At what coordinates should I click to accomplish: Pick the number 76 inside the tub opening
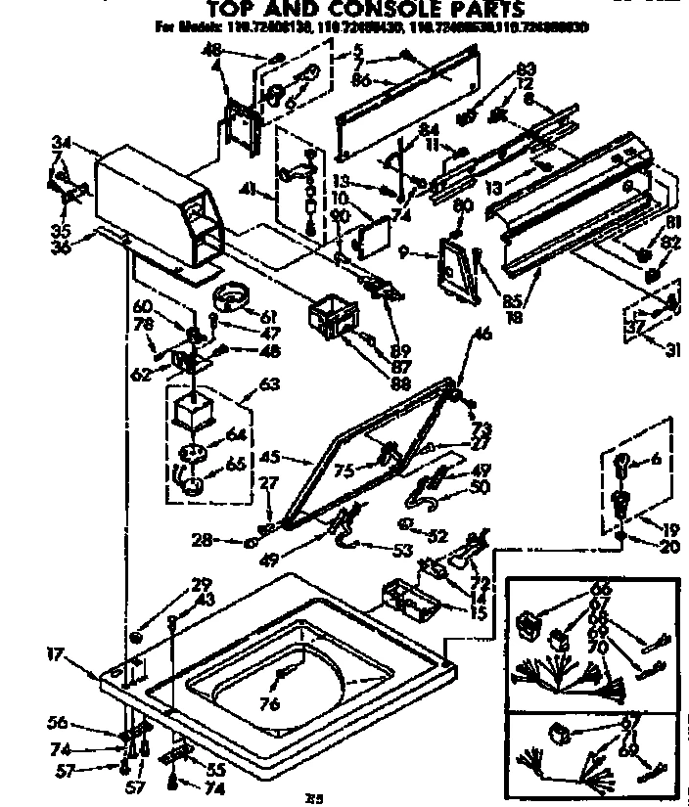[x=269, y=703]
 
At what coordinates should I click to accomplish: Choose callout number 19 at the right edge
[x=669, y=528]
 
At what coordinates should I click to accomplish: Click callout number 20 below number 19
[x=669, y=547]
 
